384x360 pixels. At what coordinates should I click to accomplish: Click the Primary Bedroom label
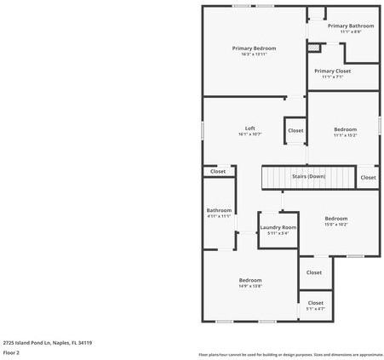254,49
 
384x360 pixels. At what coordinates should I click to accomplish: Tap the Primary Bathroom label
350,26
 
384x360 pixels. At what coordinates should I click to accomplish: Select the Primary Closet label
332,71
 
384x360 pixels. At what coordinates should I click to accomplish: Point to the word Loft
249,128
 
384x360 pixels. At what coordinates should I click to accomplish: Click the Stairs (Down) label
308,176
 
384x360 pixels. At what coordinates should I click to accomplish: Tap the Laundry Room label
278,227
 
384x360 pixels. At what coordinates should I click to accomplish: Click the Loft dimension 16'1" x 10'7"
249,134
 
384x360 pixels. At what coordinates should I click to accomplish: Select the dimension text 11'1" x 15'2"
345,134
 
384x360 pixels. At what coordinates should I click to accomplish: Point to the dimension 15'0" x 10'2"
335,225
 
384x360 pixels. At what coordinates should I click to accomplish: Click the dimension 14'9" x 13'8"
249,286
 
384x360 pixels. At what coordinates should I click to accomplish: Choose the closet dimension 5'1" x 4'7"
315,309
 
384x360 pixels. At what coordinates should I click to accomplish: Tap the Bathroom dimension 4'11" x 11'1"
219,216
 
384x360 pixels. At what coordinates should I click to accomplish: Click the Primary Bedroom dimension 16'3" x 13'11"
254,54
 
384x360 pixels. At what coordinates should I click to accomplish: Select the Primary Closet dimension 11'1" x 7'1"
332,77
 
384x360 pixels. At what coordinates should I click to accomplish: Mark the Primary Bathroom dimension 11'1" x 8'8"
350,32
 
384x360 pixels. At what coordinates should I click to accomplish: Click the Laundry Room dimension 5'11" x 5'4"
278,233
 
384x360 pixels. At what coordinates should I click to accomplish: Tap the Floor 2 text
11,352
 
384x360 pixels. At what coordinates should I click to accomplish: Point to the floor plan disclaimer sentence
290,354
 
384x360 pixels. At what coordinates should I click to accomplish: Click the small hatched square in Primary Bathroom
313,47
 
